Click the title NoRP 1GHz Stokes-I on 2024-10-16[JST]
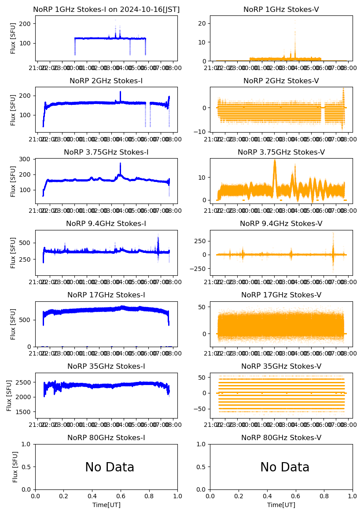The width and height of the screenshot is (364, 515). (x=107, y=9)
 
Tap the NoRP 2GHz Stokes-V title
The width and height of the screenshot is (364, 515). (x=281, y=81)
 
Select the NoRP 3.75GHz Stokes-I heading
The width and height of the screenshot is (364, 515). (x=106, y=152)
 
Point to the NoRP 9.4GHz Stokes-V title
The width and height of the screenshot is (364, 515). (x=281, y=223)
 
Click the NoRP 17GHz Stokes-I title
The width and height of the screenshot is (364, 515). (x=106, y=295)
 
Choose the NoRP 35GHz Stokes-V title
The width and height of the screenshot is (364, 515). (x=281, y=366)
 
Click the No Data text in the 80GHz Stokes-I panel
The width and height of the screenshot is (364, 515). (x=110, y=467)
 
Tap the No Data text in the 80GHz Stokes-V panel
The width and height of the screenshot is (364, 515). (x=285, y=467)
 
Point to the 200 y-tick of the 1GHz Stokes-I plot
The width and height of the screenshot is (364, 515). (x=27, y=23)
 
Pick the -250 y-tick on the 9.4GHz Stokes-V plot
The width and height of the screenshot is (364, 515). (x=199, y=269)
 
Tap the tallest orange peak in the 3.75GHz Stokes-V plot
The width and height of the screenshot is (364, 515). (x=275, y=161)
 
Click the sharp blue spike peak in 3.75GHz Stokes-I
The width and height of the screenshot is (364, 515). (x=120, y=163)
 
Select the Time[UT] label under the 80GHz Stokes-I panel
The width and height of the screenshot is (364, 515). (x=106, y=505)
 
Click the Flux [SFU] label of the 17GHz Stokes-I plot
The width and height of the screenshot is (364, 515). (x=13, y=324)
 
